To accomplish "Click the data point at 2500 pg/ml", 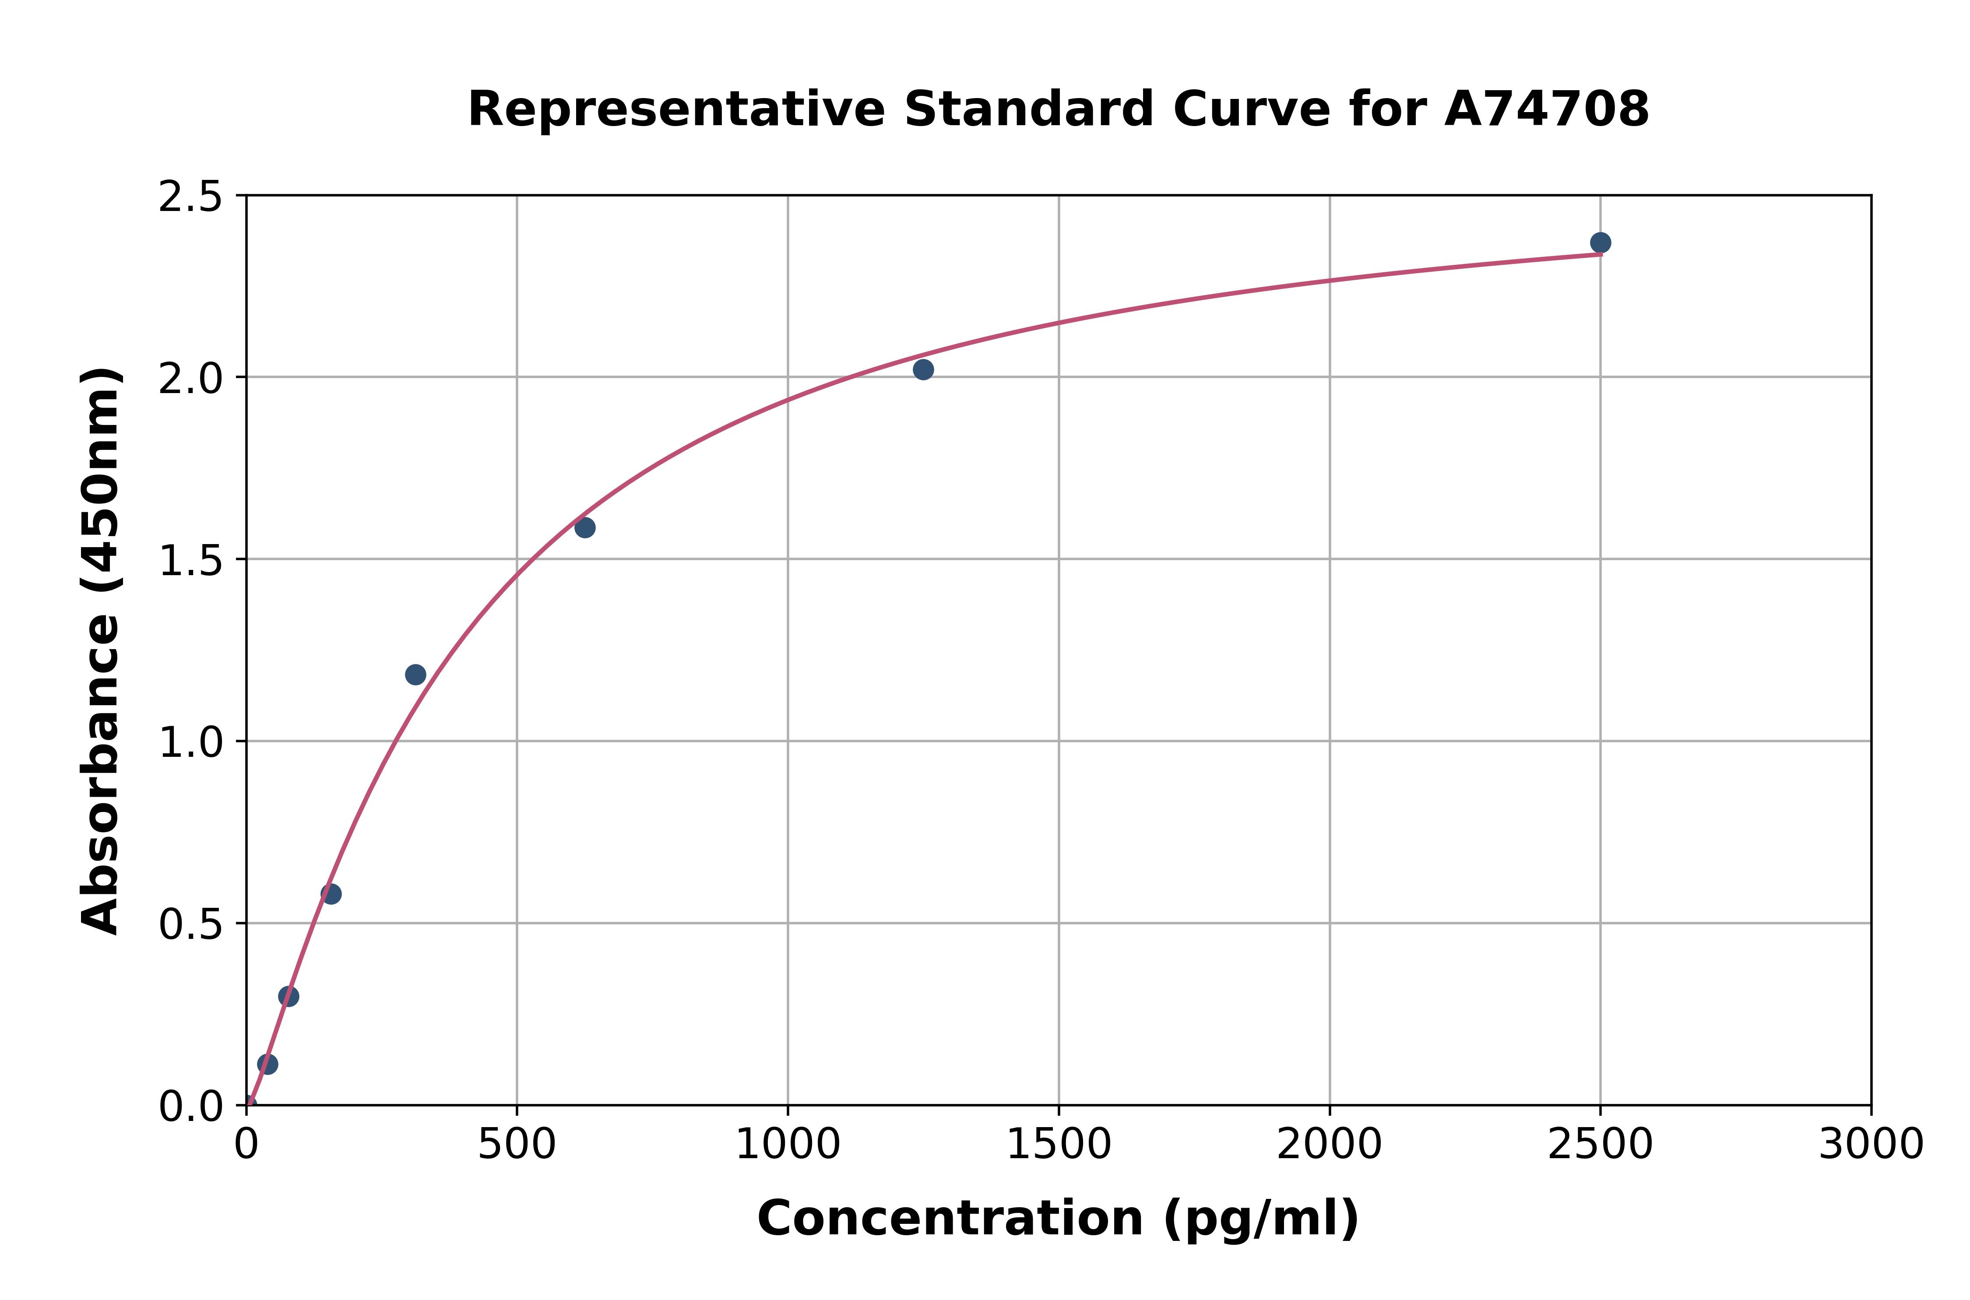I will coord(1600,243).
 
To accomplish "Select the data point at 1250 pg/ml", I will coord(923,370).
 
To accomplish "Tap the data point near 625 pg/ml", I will coord(584,527).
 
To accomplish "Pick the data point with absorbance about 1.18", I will coord(415,675).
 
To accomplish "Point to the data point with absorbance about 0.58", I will coord(331,894).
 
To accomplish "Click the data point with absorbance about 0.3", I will coord(288,997).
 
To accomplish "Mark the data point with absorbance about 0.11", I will coord(267,1065).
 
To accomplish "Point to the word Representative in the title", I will coord(676,109).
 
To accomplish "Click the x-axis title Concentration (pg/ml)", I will coord(1058,1219).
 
